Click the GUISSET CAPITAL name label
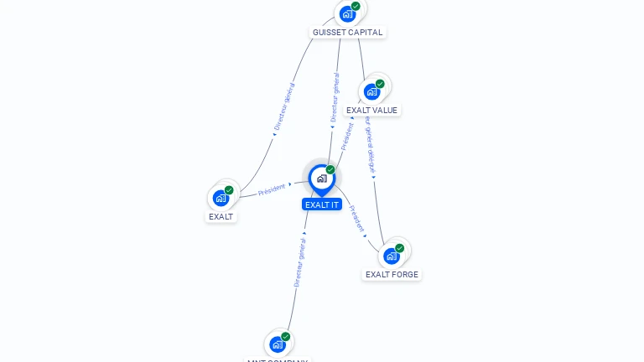point(347,33)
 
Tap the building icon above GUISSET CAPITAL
point(347,14)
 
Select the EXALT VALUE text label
point(371,110)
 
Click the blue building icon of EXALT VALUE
point(371,91)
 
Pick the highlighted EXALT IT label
point(322,204)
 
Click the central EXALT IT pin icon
point(321,178)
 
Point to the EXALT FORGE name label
point(392,274)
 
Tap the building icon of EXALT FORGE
point(392,256)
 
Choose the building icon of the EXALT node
point(221,198)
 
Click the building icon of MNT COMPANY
point(278,344)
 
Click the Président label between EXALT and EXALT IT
point(272,189)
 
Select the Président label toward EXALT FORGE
point(356,217)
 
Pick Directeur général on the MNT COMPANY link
point(299,261)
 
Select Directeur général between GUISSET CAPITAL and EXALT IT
point(335,99)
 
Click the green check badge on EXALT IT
point(330,170)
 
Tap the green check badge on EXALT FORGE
point(400,248)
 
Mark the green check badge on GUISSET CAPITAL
point(356,6)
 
